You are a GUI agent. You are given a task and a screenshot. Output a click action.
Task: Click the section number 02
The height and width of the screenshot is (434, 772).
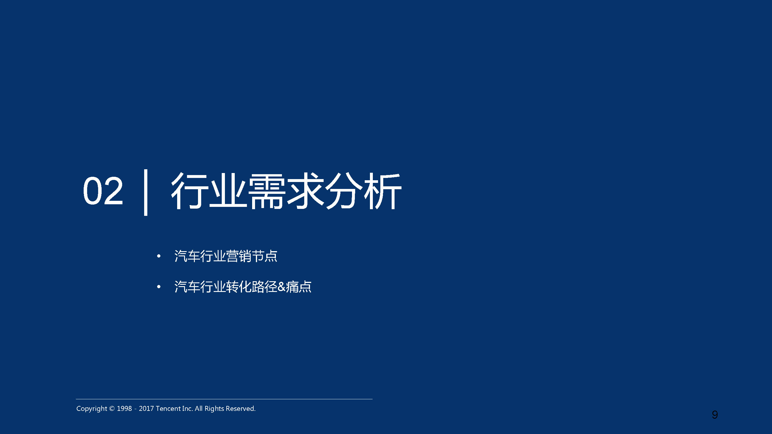tap(103, 191)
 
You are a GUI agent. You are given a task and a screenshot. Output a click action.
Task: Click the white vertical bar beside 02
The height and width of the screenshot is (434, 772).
tap(146, 192)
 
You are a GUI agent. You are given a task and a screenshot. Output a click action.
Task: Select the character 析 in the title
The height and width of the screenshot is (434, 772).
tap(383, 191)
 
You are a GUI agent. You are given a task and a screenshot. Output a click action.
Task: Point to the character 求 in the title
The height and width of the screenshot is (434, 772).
tap(306, 191)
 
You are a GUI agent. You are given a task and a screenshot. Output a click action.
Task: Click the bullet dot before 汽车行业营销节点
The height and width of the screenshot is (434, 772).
tap(159, 256)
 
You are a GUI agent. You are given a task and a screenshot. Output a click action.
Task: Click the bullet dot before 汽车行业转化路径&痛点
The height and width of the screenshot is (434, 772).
tap(159, 287)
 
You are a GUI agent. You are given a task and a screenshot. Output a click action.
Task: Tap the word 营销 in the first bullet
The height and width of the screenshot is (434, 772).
tap(239, 256)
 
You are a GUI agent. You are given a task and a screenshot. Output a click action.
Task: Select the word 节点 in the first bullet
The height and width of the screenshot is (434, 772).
tap(265, 256)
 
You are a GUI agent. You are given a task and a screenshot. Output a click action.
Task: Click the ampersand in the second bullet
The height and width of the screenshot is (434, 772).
tap(281, 287)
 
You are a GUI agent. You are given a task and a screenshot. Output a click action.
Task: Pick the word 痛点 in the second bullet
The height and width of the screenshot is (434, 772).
tap(299, 287)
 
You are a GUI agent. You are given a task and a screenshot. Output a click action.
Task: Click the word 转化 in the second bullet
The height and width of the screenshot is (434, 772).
tap(239, 287)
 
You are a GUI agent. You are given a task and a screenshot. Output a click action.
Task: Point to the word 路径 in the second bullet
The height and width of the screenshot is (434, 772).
tap(265, 287)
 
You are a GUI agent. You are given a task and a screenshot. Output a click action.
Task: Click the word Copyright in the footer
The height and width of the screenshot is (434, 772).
tap(92, 409)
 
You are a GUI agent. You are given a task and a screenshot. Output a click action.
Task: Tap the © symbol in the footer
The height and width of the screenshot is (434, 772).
tap(112, 409)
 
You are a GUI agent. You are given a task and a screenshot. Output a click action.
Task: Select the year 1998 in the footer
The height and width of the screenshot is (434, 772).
tap(124, 409)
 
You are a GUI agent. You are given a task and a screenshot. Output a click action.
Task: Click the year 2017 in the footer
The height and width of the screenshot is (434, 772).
tap(146, 409)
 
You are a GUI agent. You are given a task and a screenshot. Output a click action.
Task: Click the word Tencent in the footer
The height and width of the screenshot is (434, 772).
tap(168, 409)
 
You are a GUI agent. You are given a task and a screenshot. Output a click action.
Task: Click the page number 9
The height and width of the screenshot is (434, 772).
tap(715, 415)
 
